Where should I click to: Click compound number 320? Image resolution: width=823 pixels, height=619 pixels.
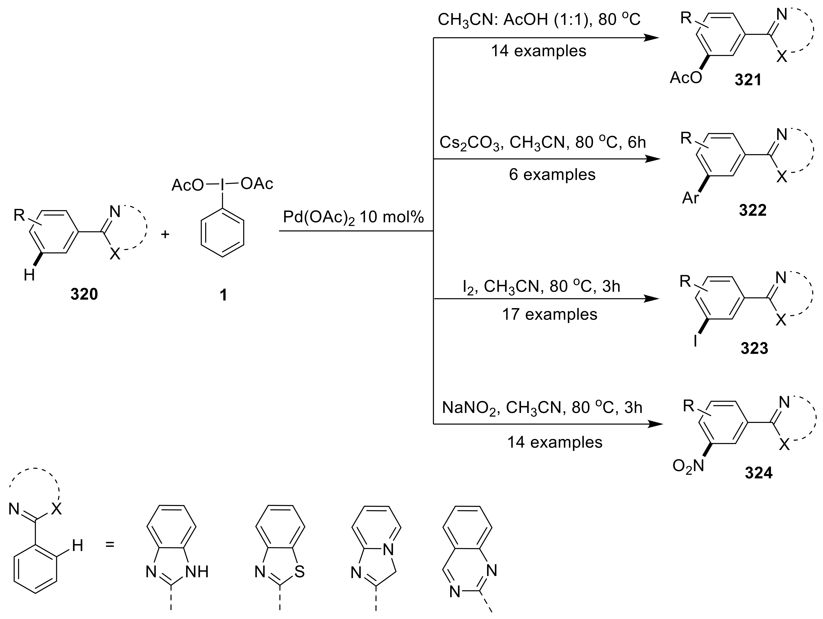[x=84, y=294]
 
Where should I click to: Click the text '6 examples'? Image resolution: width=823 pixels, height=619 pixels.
[x=552, y=175]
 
